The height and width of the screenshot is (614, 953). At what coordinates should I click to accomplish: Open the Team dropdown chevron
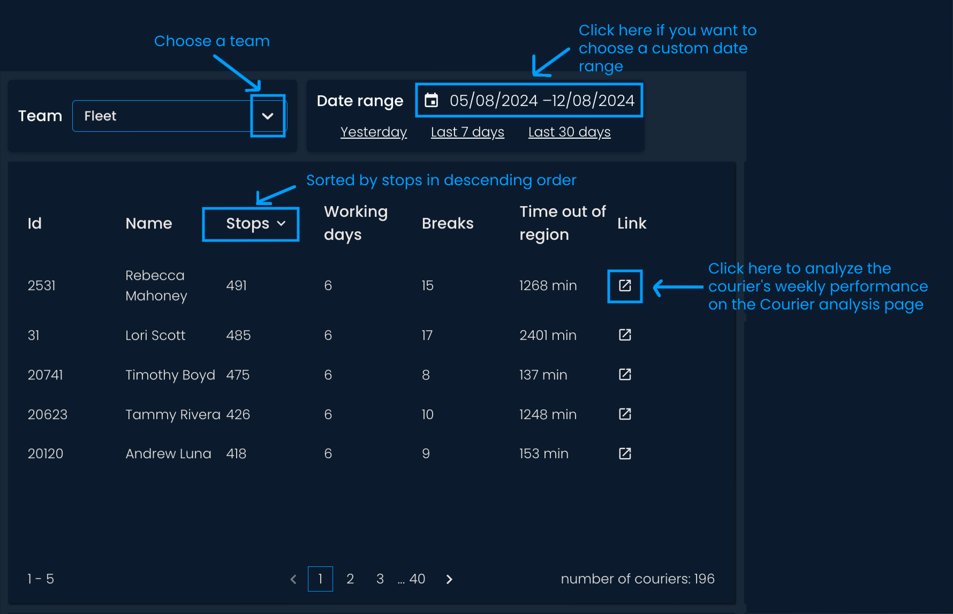(268, 116)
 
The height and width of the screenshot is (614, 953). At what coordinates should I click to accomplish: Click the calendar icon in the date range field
(432, 100)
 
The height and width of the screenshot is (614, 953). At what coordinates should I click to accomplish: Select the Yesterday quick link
(374, 132)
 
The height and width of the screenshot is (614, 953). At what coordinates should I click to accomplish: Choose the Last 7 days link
(467, 132)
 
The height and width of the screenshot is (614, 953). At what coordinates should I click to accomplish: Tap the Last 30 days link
(570, 132)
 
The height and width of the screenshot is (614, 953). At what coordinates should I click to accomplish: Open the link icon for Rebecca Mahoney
(625, 285)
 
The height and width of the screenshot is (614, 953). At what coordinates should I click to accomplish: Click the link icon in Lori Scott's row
(625, 335)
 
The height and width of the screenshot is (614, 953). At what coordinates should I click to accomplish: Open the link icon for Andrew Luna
(625, 453)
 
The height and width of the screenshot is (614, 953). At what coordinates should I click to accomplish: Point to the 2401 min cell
(548, 335)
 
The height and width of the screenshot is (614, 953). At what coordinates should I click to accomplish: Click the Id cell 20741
(46, 375)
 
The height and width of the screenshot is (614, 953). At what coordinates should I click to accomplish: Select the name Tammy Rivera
(173, 414)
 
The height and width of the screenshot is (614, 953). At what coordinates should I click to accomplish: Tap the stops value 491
(237, 285)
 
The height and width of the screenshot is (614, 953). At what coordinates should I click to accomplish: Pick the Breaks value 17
(427, 335)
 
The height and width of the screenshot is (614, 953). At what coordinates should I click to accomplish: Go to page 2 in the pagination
(350, 579)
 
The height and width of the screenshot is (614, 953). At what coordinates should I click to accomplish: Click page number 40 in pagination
(417, 579)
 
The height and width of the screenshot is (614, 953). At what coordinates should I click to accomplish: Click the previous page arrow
(293, 579)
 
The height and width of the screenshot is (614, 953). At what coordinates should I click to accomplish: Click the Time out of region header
(563, 223)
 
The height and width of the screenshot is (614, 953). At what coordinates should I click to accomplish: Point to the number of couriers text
(638, 579)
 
